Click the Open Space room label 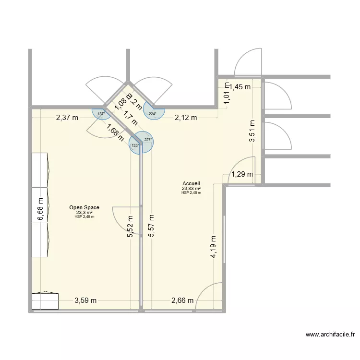point(84,207)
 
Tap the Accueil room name point(191,184)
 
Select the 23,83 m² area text point(191,189)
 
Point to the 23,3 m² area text point(84,212)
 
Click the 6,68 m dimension point(40,210)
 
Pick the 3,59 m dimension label point(85,301)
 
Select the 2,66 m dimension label point(183,301)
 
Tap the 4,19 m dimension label point(213,248)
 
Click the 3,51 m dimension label point(252,131)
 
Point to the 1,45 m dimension point(240,87)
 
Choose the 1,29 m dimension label point(242,175)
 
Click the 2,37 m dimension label point(67,118)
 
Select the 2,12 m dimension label point(186,118)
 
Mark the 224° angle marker point(152,114)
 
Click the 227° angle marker point(148,140)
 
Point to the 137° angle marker point(100,114)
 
